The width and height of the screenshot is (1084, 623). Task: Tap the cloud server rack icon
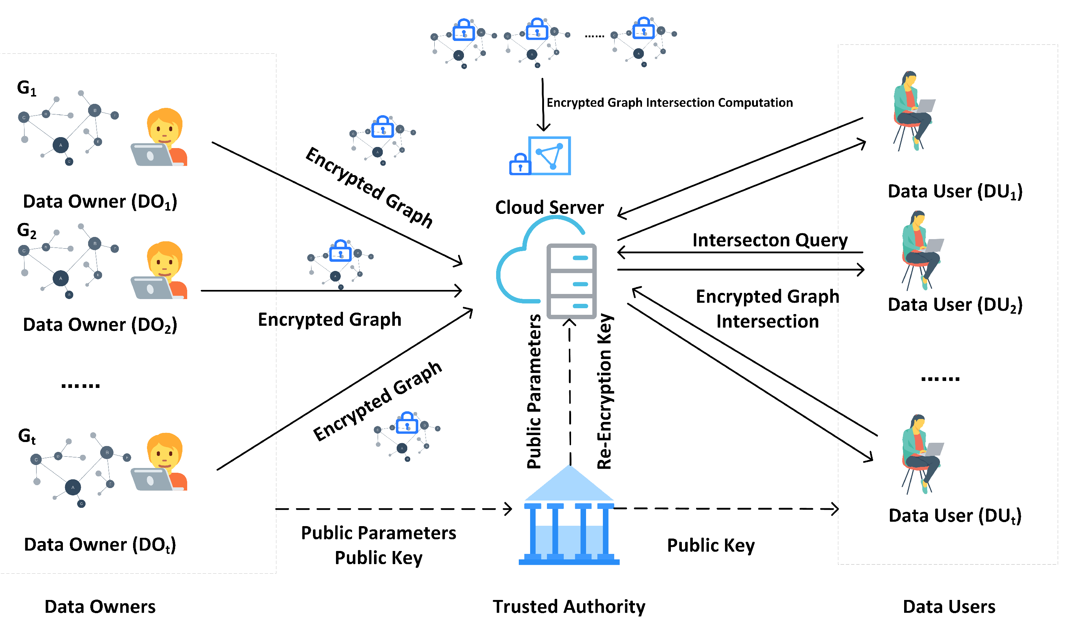coord(571,281)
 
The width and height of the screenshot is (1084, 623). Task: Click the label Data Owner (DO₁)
coord(100,201)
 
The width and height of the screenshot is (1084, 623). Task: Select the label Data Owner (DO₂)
coord(100,325)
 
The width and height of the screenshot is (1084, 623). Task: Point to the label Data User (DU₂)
coord(955,305)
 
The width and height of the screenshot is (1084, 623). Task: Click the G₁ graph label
coord(27,88)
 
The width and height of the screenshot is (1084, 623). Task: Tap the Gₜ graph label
coord(27,436)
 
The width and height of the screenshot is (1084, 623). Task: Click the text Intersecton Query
coord(770,240)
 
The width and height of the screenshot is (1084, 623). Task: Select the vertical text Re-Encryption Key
coord(605,391)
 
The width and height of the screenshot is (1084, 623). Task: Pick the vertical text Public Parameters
coord(534,391)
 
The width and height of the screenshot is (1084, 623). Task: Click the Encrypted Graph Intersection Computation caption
coord(669,103)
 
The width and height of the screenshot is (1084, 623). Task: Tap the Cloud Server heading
coord(549,208)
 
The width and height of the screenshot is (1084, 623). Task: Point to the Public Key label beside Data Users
coord(711,545)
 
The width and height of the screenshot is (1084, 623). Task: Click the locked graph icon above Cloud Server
coord(540,156)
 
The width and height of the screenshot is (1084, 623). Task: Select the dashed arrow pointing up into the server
coord(570,392)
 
